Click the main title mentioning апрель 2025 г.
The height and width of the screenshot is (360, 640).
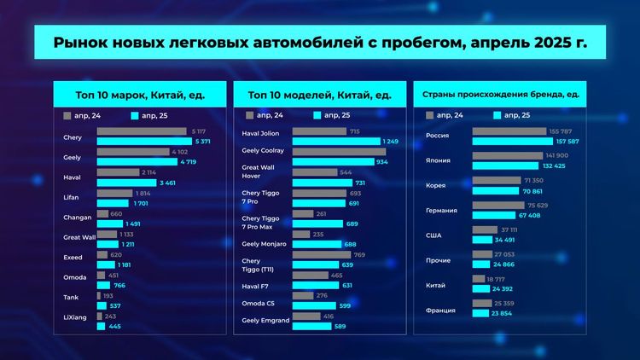point(319,42)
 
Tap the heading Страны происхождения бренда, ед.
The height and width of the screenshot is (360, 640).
point(496,94)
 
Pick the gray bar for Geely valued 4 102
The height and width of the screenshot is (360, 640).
point(133,152)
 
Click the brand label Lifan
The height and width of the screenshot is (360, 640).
point(72,197)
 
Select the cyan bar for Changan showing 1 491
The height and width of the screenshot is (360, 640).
point(110,224)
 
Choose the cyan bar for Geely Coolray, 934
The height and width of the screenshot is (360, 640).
point(333,161)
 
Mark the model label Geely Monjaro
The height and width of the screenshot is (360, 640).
point(265,244)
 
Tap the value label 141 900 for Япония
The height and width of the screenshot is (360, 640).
point(560,156)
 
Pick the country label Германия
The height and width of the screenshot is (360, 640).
point(443,210)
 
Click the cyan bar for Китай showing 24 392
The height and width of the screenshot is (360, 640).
point(481,288)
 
